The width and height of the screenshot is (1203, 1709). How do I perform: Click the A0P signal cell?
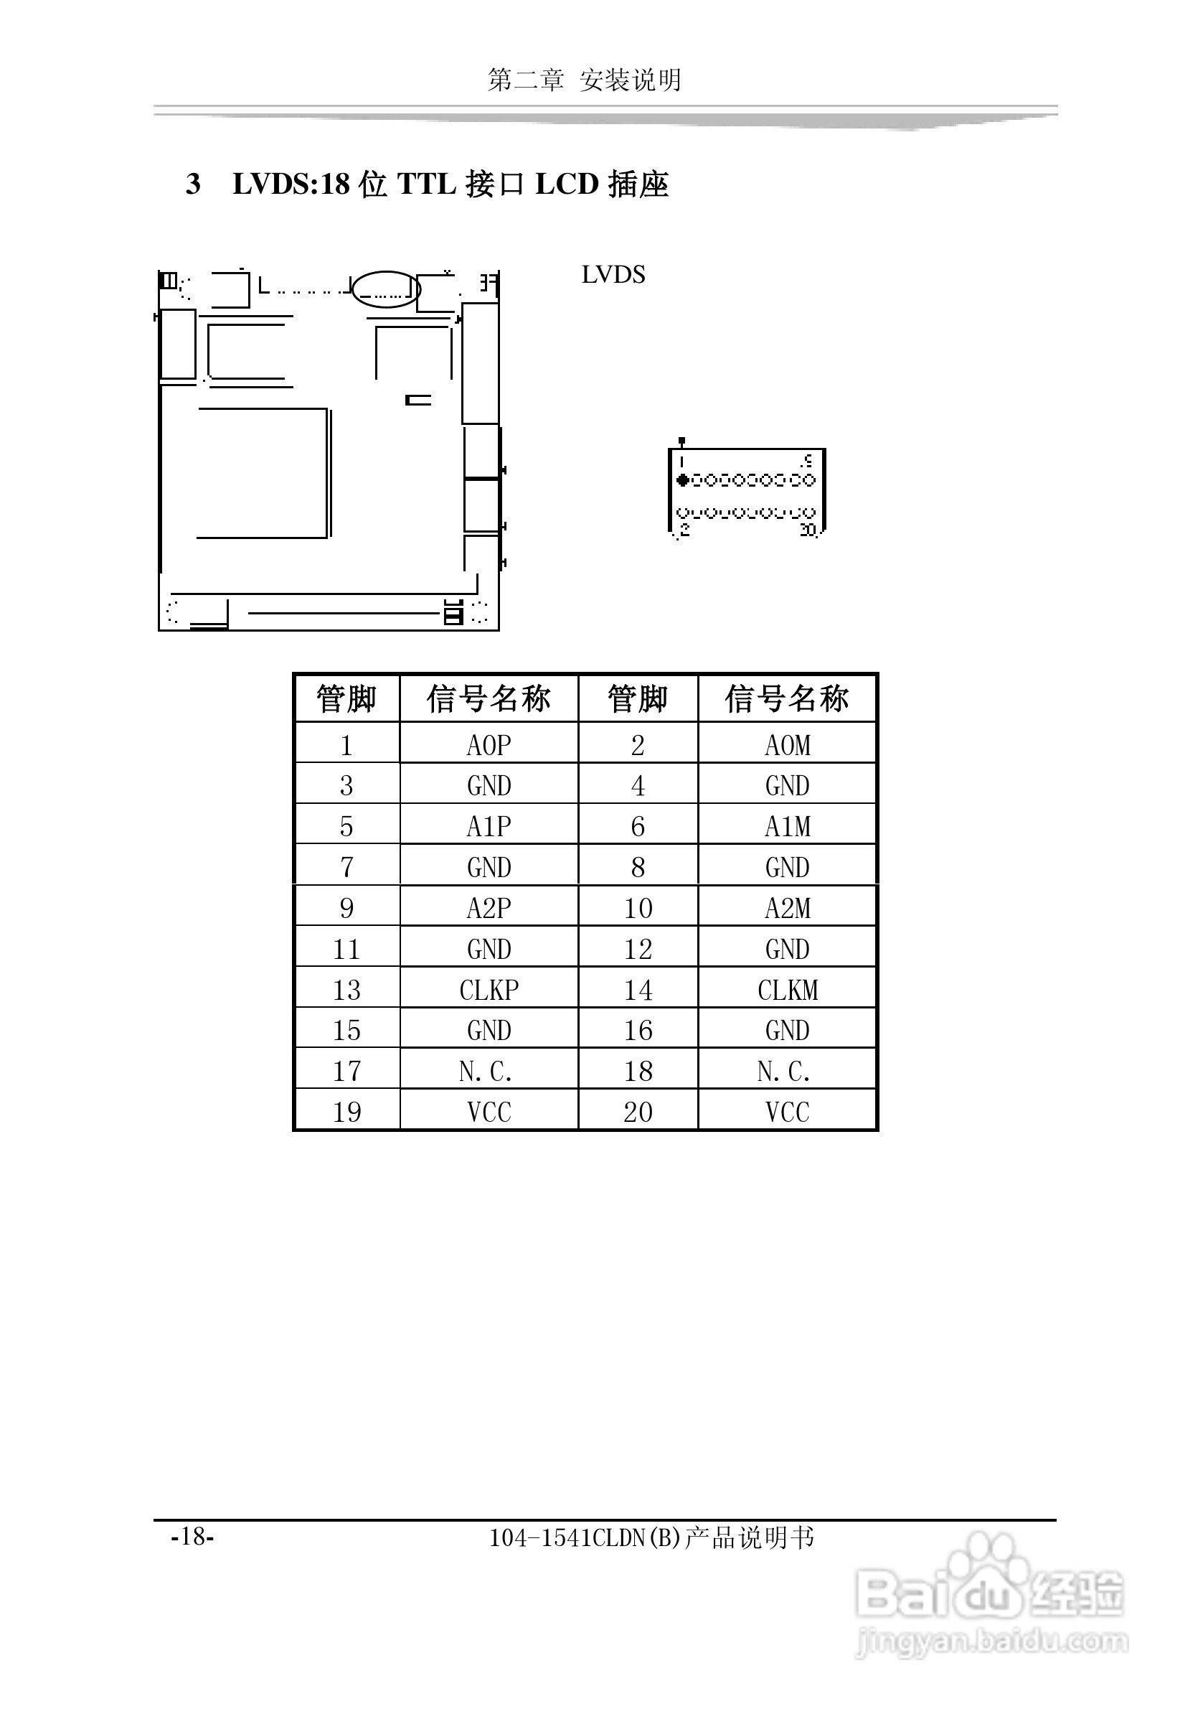coord(489,745)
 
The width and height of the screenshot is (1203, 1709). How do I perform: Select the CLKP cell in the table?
coord(489,990)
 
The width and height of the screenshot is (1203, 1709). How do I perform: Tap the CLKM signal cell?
coord(787,990)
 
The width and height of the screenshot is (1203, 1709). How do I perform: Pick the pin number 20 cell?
coord(638,1112)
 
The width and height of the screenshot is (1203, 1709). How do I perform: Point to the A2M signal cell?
coord(787,908)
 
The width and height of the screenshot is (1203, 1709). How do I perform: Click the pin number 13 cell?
coord(346,990)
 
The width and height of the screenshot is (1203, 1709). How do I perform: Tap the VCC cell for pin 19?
coord(489,1112)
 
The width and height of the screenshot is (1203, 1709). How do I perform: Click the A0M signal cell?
coord(787,745)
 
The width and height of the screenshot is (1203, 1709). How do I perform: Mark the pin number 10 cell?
coord(638,908)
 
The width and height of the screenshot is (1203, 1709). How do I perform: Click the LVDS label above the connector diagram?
coord(613,275)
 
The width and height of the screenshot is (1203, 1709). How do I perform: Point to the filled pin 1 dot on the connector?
coord(681,480)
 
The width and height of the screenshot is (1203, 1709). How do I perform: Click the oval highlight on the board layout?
coord(385,289)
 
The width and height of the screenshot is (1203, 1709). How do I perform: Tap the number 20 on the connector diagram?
coord(808,530)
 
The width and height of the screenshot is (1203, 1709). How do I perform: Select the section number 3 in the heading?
coord(194,184)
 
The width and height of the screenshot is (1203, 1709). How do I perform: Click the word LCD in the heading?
coord(567,184)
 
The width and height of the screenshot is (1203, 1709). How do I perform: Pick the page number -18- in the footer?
coord(193,1536)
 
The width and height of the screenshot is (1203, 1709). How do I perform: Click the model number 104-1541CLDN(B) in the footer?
coord(585,1537)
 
